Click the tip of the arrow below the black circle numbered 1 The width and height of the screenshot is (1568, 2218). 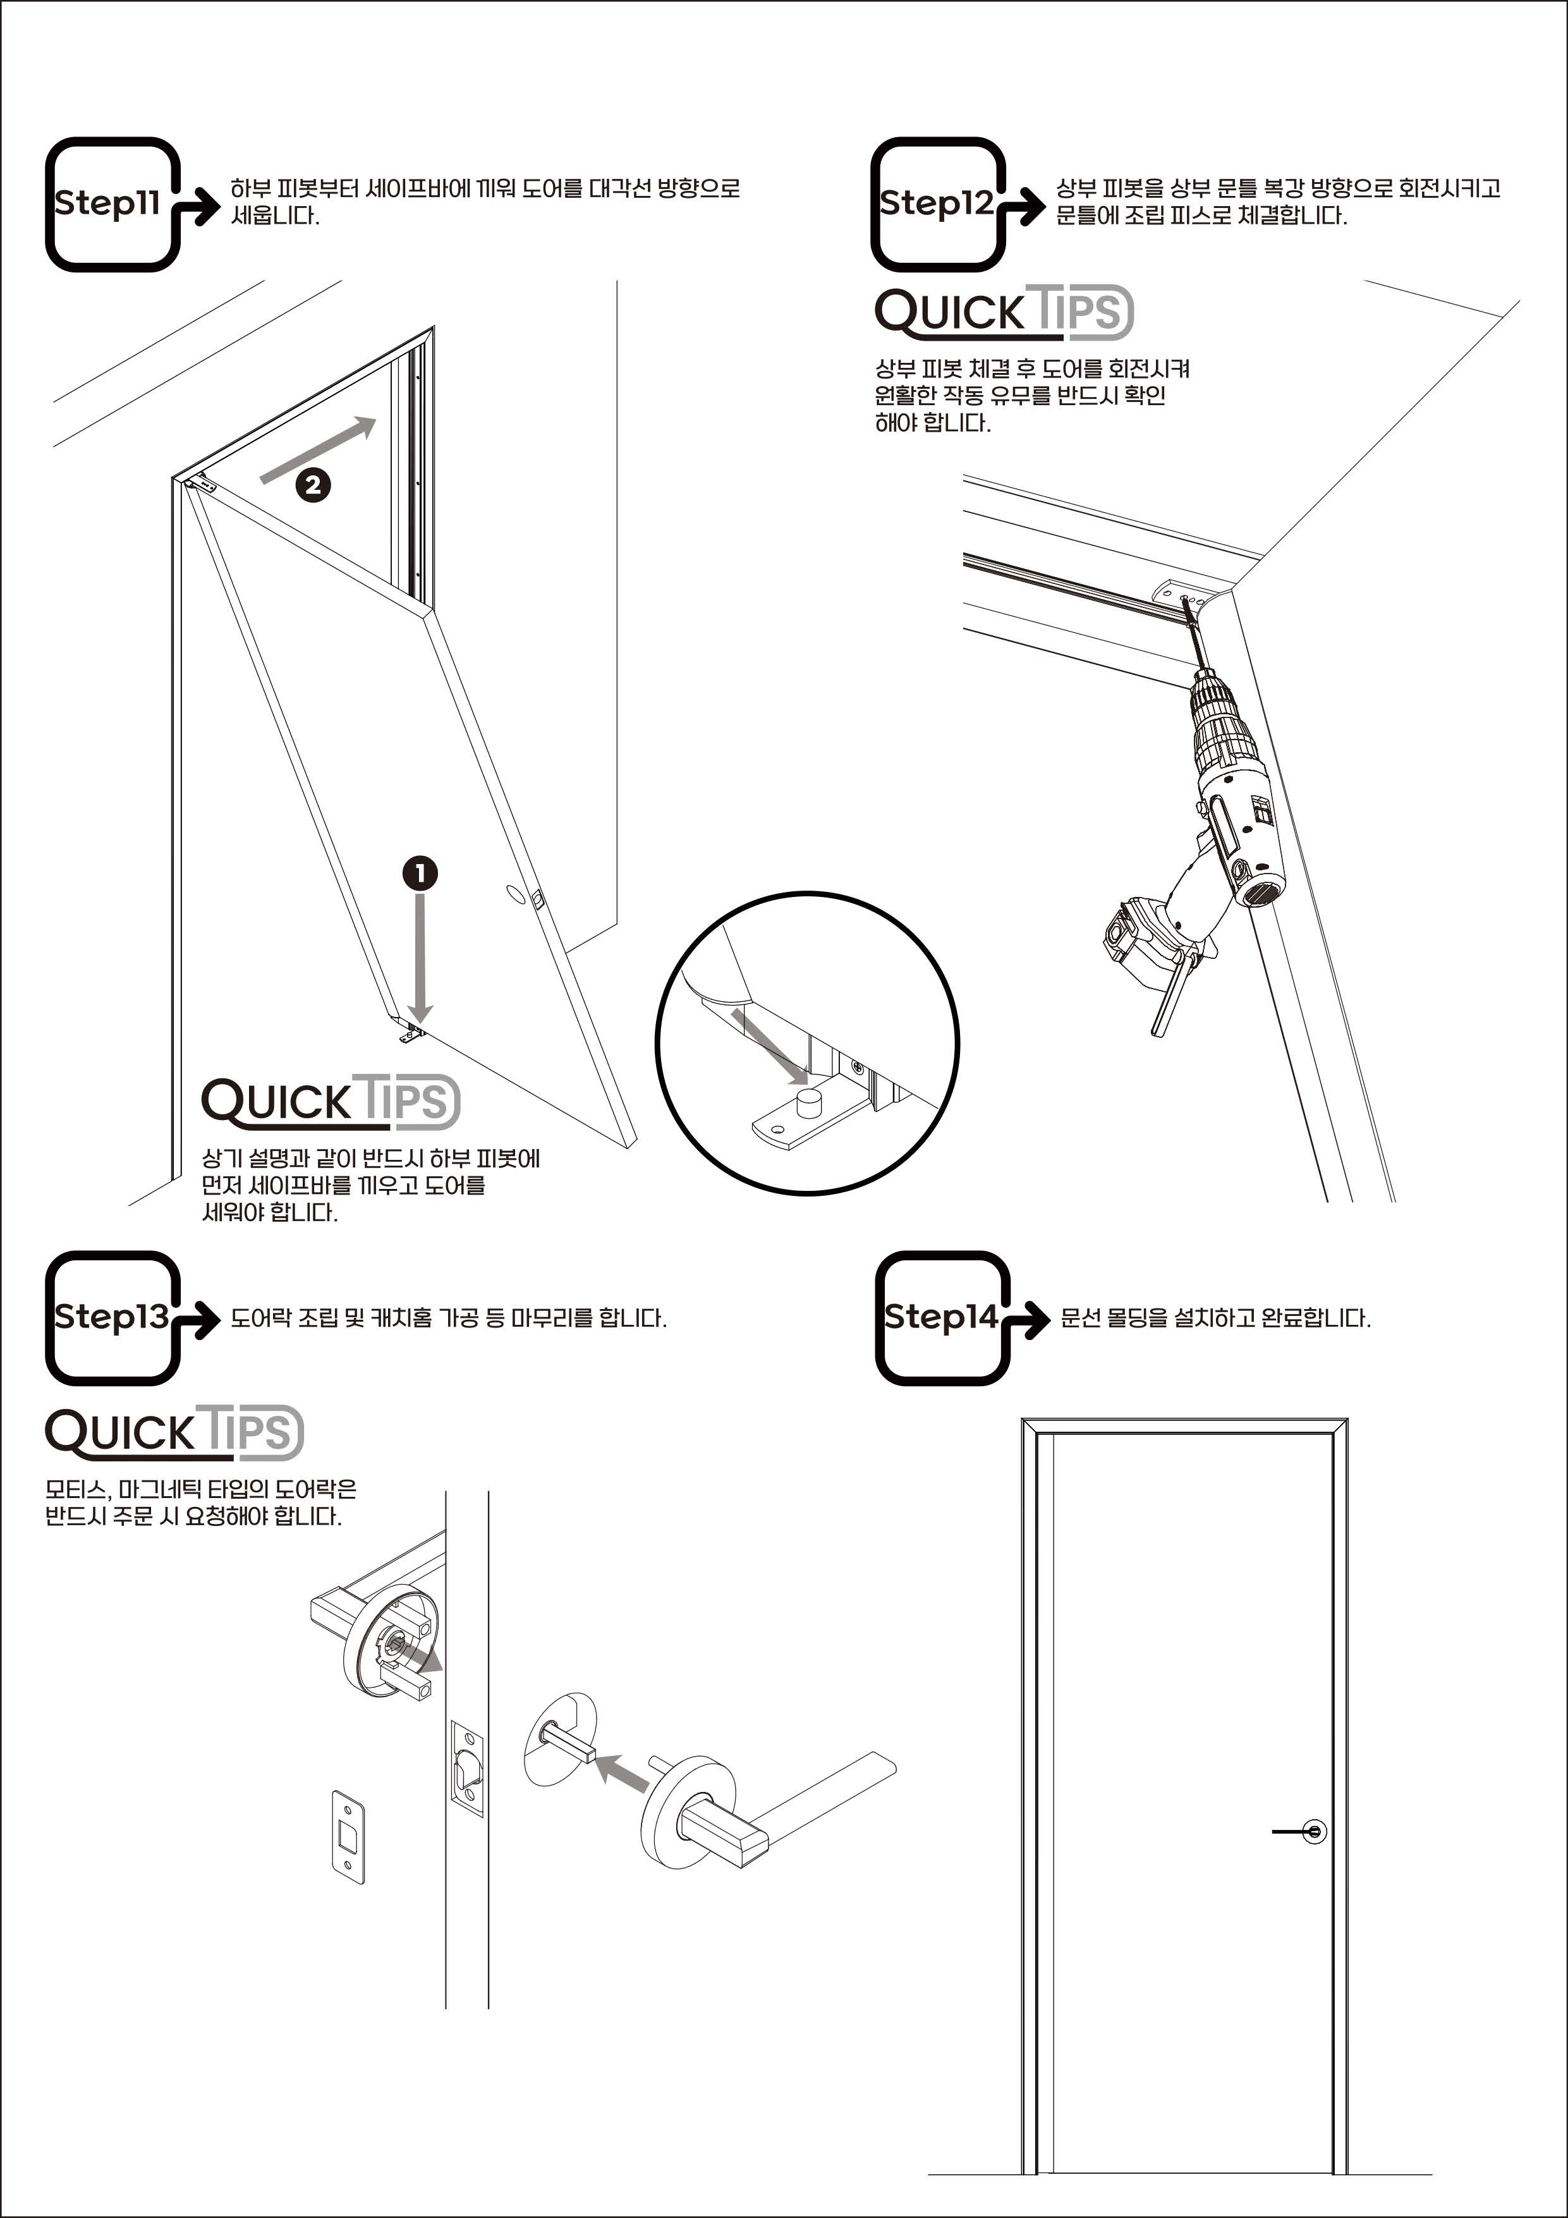pos(419,1022)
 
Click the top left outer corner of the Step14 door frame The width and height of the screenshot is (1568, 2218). pos(1022,1419)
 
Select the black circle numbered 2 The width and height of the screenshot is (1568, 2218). pos(313,484)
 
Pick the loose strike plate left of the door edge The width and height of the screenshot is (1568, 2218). pos(349,1837)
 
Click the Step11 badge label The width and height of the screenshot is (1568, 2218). pos(107,203)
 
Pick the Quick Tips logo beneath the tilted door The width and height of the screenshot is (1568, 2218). pos(331,1102)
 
